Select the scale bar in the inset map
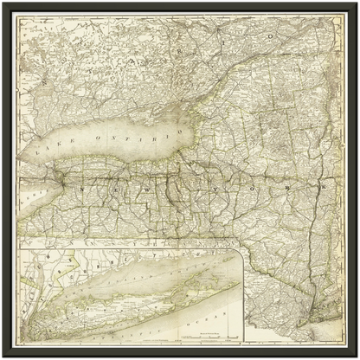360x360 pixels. [x=202, y=333]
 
